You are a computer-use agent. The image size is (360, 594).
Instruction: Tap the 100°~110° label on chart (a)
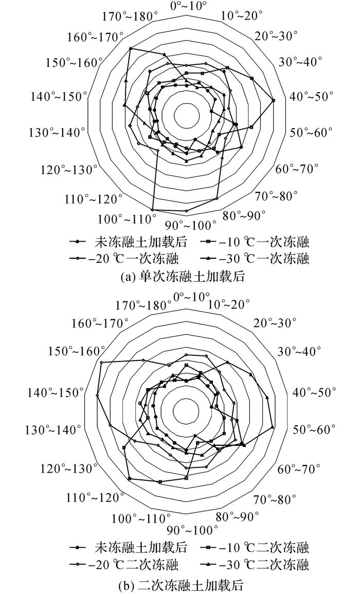127,219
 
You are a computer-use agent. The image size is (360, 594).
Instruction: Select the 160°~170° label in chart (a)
96,38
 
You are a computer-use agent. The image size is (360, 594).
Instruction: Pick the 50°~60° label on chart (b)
314,430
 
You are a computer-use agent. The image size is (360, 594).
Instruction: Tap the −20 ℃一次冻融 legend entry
124,259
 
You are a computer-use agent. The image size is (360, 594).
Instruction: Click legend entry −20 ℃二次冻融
124,565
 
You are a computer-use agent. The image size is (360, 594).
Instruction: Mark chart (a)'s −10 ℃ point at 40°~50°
274,100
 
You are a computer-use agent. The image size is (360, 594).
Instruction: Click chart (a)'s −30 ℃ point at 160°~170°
131,48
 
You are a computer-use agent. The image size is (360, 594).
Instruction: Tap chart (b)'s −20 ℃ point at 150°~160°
101,363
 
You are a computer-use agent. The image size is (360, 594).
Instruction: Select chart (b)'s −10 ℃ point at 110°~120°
130,479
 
